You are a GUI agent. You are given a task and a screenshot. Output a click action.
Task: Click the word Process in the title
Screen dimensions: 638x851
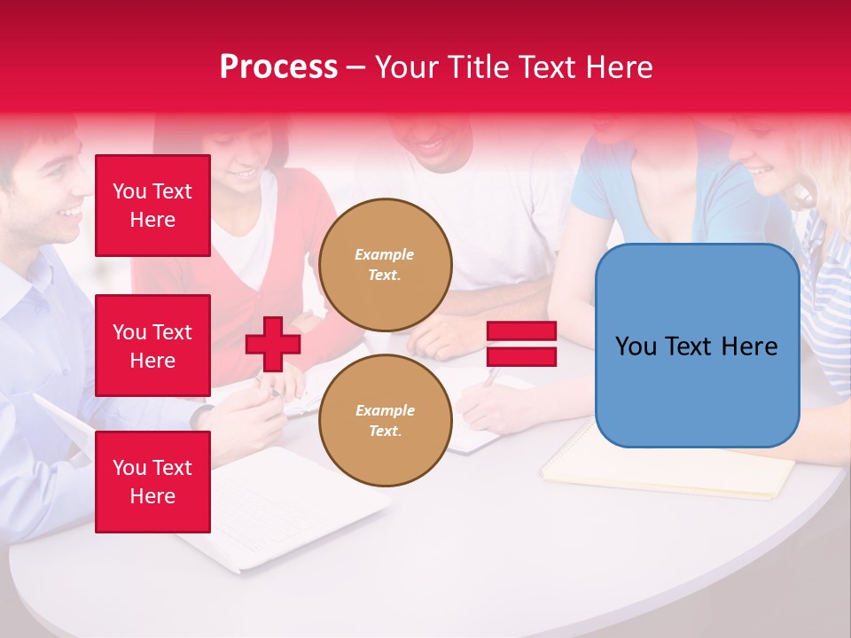[x=278, y=67]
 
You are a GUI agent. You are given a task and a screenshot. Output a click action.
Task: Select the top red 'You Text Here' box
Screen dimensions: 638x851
[x=152, y=206]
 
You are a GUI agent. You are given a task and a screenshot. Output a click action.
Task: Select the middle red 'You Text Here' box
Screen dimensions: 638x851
[x=152, y=346]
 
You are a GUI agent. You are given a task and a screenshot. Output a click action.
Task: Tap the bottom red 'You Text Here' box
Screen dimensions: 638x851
[x=152, y=482]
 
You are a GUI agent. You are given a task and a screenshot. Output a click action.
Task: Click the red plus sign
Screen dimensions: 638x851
[x=273, y=344]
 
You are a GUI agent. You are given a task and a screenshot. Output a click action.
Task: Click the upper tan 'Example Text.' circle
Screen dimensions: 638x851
[x=385, y=265]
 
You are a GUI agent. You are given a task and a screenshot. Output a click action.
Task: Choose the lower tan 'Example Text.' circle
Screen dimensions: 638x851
[x=385, y=421]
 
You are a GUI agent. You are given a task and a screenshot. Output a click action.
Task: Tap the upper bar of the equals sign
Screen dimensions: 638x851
[x=522, y=331]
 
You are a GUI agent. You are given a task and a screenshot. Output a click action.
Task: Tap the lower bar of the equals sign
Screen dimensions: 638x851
[x=522, y=356]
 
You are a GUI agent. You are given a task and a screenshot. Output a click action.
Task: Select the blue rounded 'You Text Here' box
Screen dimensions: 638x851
[x=697, y=346]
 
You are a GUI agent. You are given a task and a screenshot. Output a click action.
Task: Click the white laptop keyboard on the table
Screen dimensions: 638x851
[x=275, y=505]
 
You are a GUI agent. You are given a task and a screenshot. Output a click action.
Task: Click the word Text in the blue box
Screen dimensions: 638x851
[x=696, y=346]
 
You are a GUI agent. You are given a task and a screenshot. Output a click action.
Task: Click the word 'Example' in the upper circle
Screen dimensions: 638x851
[x=384, y=254]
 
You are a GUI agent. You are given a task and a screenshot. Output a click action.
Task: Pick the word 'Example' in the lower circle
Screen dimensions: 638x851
[x=385, y=410]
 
